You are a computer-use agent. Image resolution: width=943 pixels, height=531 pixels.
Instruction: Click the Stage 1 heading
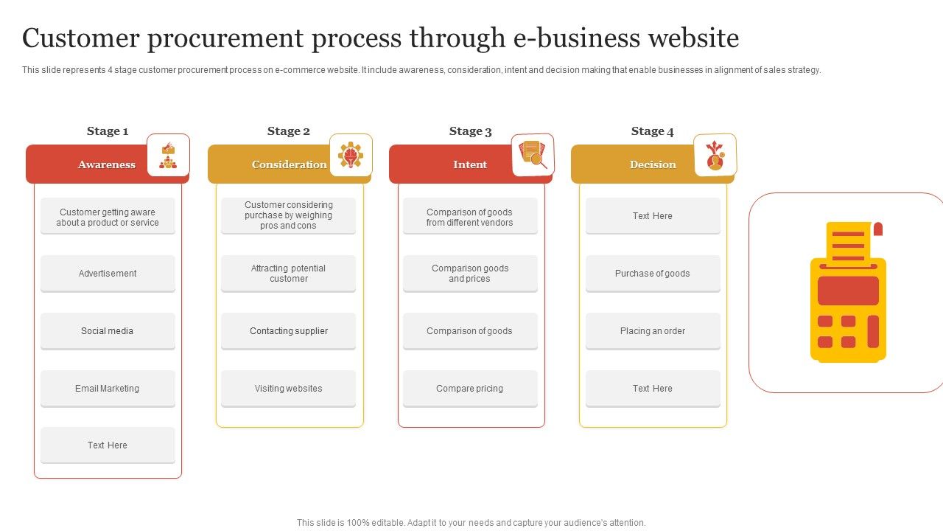pos(108,131)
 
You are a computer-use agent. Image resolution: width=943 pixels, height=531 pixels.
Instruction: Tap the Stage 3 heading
pos(470,131)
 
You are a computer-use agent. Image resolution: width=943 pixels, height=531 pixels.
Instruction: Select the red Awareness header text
pos(107,164)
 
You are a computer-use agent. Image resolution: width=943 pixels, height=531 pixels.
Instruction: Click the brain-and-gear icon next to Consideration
pos(351,155)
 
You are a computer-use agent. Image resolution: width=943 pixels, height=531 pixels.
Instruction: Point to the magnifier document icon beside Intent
pos(533,155)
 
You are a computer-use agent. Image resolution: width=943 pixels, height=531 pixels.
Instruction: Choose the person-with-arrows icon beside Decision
pos(715,155)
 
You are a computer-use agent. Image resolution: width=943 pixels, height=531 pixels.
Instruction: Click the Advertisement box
pos(108,273)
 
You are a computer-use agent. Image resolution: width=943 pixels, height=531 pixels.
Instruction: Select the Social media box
pos(108,331)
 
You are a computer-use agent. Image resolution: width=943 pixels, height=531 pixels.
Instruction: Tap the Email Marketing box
pos(108,388)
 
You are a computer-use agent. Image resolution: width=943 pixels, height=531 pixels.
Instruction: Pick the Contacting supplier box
pos(288,331)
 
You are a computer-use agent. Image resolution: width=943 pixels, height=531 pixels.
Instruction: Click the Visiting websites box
pos(288,388)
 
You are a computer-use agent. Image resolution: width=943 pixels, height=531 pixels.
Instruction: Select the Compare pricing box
pos(470,388)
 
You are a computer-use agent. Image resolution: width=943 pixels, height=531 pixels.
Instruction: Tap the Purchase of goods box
pos(653,273)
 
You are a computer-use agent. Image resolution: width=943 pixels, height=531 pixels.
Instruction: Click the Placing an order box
pos(653,331)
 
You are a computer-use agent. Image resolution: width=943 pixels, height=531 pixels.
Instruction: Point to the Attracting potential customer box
pos(288,273)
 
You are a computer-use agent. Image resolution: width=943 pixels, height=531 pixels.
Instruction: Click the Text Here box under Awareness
pos(108,445)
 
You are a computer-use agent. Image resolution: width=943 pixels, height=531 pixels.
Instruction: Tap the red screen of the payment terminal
pos(848,291)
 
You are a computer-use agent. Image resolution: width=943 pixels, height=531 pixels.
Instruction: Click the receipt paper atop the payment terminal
pos(849,243)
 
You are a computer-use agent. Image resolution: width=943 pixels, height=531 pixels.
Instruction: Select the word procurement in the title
pos(225,39)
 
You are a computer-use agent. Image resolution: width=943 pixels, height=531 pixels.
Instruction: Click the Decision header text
pos(653,164)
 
